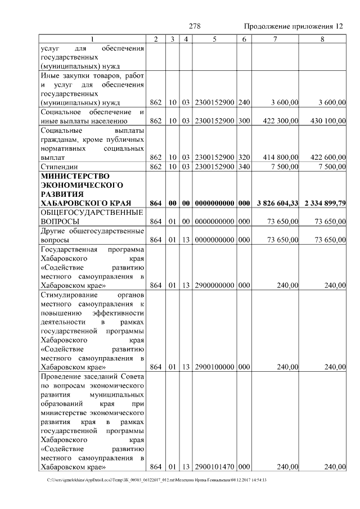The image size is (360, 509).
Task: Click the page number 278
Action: pyautogui.click(x=195, y=26)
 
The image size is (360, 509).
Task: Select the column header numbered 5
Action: pyautogui.click(x=215, y=39)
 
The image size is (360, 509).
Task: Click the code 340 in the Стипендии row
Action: pyautogui.click(x=244, y=167)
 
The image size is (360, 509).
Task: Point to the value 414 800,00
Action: pyautogui.click(x=280, y=157)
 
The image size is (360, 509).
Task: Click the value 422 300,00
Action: pyautogui.click(x=280, y=120)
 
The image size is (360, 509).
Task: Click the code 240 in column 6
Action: pyautogui.click(x=244, y=102)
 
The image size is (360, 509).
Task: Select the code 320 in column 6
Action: pyautogui.click(x=244, y=157)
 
